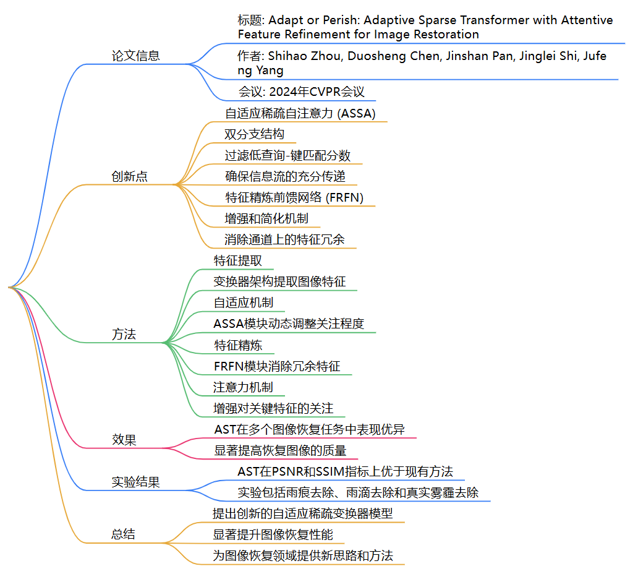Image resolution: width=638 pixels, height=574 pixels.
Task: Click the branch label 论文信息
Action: (135, 56)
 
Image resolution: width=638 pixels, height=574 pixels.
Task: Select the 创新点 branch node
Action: (129, 176)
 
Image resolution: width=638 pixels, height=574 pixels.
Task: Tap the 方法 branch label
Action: (124, 335)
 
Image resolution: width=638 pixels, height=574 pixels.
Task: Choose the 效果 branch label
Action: (124, 440)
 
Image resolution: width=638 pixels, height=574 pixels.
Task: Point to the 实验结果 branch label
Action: (135, 482)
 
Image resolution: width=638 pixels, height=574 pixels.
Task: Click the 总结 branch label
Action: (124, 534)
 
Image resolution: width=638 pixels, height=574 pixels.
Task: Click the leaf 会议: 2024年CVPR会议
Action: (302, 92)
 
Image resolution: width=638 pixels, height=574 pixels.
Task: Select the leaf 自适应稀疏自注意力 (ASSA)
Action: (300, 113)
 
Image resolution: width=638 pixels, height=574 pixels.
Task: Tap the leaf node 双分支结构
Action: (255, 134)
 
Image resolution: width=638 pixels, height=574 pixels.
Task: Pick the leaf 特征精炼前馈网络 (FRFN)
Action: (294, 197)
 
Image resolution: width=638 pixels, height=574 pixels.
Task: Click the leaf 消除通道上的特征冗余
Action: (285, 239)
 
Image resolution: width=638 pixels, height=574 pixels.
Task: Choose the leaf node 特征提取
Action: (238, 260)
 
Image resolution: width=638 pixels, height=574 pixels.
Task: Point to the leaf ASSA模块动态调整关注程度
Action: (289, 323)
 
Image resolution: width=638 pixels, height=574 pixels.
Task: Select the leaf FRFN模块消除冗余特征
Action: (277, 366)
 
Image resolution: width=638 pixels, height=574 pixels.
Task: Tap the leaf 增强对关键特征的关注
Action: (273, 408)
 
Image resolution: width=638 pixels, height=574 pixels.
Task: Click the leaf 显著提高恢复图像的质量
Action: (280, 450)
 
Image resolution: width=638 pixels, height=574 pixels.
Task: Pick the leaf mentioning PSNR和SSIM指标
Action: (345, 471)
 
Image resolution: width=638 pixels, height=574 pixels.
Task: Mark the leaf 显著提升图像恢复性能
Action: (273, 534)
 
